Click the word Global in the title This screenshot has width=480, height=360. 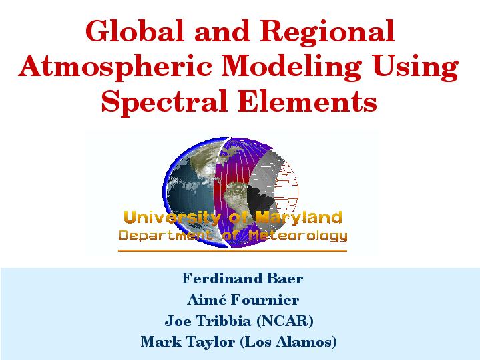point(134,31)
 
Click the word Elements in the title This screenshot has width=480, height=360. point(307,100)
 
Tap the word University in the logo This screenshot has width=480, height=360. point(172,218)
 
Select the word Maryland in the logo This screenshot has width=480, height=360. point(298,218)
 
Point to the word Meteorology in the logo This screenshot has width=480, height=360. point(298,236)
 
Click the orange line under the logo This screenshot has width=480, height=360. point(232,250)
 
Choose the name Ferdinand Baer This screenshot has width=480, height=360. point(242,279)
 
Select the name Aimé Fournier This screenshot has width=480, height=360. point(243,299)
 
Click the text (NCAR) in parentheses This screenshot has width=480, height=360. point(284,321)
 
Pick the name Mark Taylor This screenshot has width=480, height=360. point(188,342)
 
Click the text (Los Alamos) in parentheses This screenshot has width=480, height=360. point(288,342)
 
